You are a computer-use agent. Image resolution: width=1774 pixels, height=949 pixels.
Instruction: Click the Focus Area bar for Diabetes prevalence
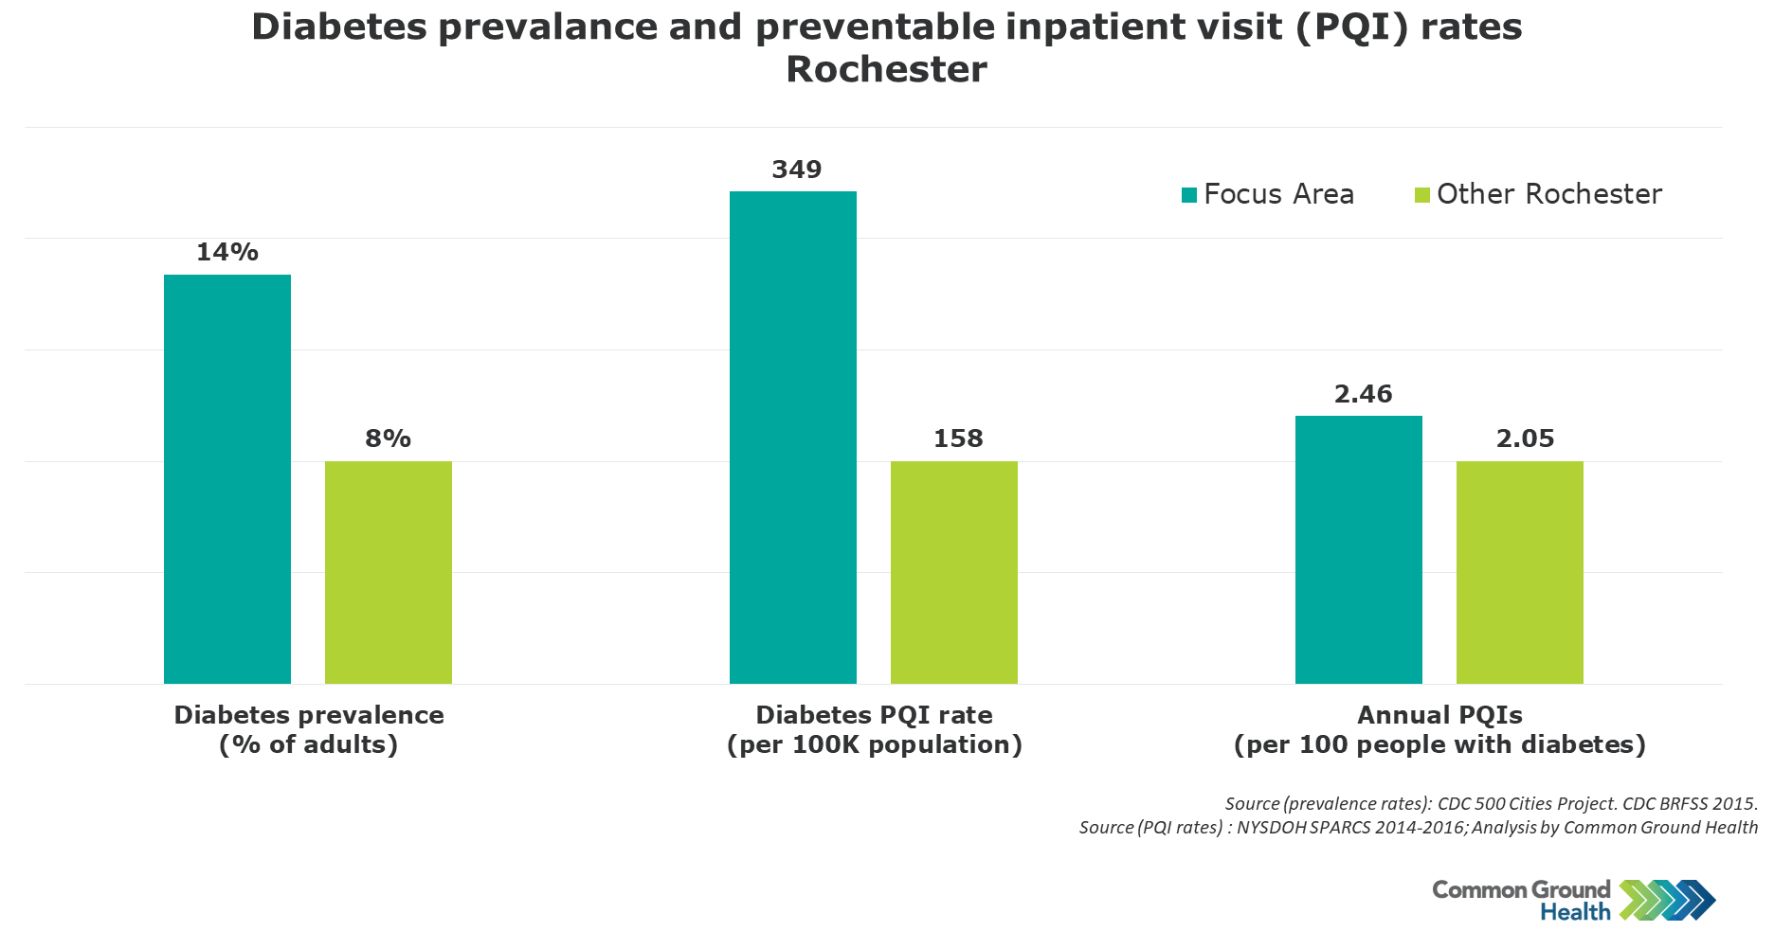click(227, 479)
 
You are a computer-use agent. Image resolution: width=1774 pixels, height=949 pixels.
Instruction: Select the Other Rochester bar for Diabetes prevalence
click(389, 572)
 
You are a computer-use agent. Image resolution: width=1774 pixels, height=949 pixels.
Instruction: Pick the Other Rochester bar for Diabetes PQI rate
click(954, 572)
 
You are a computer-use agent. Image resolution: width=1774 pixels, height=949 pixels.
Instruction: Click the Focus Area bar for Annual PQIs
click(1359, 549)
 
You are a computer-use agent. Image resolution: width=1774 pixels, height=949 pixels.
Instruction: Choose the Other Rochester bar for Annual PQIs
click(1520, 572)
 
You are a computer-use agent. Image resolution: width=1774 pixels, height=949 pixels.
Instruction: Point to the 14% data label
click(227, 252)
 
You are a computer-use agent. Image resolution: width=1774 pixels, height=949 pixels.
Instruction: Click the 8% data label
click(389, 439)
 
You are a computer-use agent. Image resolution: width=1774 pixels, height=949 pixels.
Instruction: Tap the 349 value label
click(797, 170)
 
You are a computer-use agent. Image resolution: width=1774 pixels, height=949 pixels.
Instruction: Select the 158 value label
click(958, 439)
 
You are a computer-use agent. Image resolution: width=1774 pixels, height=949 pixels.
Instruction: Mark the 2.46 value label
click(1363, 394)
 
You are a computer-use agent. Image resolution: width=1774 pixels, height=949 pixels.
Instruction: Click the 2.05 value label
click(1525, 439)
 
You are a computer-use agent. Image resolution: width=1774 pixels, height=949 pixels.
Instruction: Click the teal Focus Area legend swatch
click(1189, 195)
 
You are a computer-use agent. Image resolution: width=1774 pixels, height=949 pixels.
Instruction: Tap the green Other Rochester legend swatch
click(1422, 195)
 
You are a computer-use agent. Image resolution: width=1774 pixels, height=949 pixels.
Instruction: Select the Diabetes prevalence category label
click(309, 729)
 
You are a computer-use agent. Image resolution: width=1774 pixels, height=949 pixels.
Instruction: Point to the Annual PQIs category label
click(1439, 729)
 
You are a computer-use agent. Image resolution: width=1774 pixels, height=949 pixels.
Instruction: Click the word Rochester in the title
click(886, 69)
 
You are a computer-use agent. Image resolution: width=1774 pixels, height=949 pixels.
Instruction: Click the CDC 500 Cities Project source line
click(1491, 803)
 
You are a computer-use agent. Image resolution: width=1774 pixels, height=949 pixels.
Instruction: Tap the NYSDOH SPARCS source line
click(1418, 827)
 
